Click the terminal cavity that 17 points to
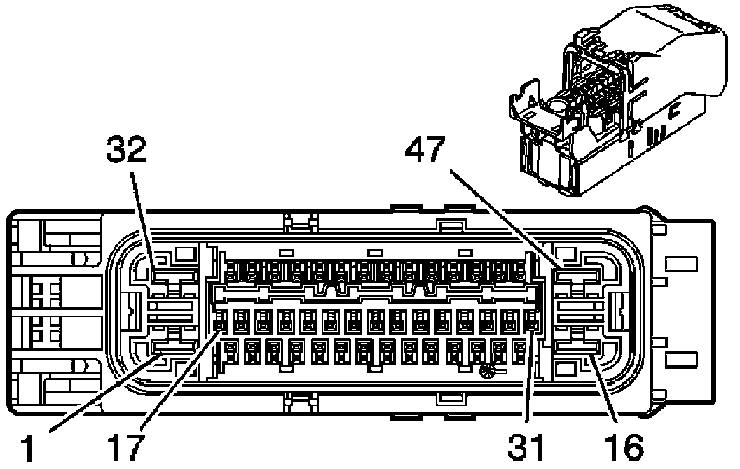(219, 323)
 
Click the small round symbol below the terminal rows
(485, 373)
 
